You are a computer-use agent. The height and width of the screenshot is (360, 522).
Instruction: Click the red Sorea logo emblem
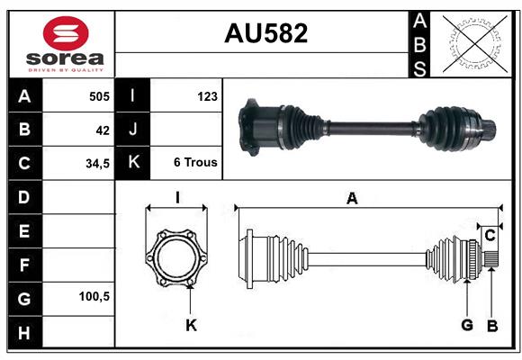[65, 35]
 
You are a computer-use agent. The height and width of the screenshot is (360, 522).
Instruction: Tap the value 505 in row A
[98, 96]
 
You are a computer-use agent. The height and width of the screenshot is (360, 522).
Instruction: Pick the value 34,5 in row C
[98, 164]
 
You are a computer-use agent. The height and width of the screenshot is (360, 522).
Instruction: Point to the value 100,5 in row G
[94, 296]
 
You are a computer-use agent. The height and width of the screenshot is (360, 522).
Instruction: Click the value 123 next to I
[206, 95]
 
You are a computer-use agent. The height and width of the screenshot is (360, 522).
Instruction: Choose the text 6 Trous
[195, 163]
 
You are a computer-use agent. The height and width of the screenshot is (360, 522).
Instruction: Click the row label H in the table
[24, 333]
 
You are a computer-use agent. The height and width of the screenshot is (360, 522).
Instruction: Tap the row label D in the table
[24, 196]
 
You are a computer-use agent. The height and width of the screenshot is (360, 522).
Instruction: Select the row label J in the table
[133, 130]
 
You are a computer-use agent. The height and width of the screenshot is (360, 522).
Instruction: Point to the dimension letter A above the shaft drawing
[352, 199]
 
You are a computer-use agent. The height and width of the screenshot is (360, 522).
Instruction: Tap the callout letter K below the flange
[191, 325]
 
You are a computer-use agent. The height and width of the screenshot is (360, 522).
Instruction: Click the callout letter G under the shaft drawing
[467, 325]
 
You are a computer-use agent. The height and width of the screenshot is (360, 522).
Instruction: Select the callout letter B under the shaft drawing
[492, 325]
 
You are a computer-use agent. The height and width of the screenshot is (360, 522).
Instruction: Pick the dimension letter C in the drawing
[490, 235]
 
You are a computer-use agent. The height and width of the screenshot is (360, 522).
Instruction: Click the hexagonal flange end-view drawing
[177, 257]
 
